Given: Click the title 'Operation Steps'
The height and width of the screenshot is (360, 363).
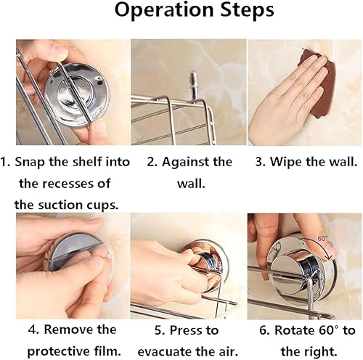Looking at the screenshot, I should pyautogui.click(x=181, y=12).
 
